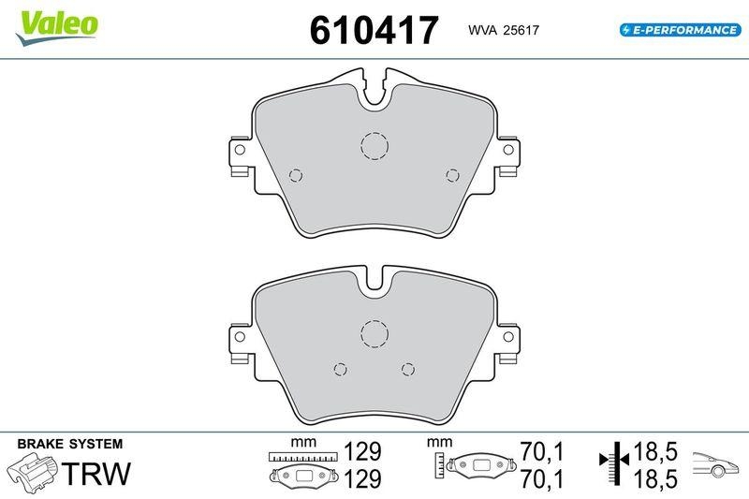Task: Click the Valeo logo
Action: click(x=57, y=28)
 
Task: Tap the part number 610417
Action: click(x=374, y=30)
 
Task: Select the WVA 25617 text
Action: click(x=504, y=30)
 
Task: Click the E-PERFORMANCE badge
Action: click(x=681, y=30)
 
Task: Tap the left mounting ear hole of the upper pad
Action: click(x=240, y=150)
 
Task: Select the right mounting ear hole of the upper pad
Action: click(x=508, y=150)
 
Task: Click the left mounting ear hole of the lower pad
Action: click(x=240, y=337)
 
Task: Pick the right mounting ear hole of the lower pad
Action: click(x=508, y=337)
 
